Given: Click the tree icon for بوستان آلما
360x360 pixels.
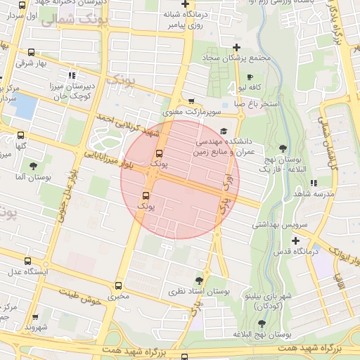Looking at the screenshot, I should (x=33, y=166).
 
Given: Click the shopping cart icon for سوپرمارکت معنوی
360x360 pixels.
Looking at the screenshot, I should (x=193, y=101).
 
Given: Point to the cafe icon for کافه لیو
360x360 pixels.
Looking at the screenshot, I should (x=250, y=77).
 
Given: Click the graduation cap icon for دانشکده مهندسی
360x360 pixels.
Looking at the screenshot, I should (x=224, y=131).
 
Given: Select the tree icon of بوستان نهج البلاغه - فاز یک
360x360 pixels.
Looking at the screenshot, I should (x=283, y=148).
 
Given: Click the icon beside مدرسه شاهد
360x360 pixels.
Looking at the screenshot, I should (x=313, y=183).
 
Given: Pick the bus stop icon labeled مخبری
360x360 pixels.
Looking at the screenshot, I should (x=118, y=285).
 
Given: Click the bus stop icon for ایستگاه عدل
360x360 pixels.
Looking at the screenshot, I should (x=27, y=261).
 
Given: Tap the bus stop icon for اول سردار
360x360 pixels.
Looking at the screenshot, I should (x=23, y=4).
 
